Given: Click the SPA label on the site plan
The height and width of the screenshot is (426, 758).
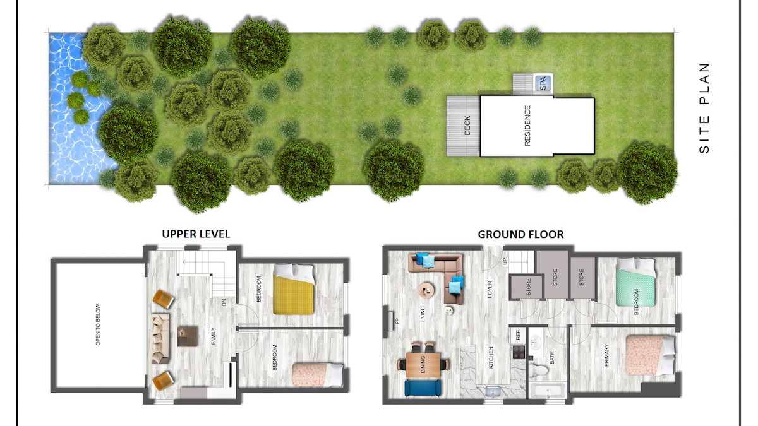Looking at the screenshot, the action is (x=543, y=83).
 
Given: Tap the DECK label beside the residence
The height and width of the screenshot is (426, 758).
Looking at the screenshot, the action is (x=467, y=126).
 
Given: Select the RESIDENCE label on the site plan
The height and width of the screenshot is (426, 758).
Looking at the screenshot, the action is (x=527, y=126).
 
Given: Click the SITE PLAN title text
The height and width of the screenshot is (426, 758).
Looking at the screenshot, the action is (x=704, y=108).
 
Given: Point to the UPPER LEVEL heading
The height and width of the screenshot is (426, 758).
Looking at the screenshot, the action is (x=196, y=234).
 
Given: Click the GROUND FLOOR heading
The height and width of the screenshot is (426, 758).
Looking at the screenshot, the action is (x=520, y=234).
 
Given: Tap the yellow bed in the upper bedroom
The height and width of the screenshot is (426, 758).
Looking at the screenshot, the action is (x=293, y=289).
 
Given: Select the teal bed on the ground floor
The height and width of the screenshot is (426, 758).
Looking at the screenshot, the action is (x=635, y=283).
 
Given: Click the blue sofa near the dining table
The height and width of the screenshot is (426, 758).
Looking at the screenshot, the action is (x=423, y=388).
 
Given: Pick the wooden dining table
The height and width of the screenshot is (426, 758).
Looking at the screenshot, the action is (x=423, y=365).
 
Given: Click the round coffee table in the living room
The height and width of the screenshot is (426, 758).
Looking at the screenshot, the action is (x=427, y=290).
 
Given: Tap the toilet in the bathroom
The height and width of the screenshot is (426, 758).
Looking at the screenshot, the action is (x=538, y=370).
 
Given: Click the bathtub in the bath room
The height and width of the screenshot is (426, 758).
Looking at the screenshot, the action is (x=548, y=391).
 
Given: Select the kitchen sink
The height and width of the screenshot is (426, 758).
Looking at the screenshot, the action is (x=493, y=392).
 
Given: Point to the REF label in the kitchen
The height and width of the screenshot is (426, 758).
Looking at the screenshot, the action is (x=518, y=335).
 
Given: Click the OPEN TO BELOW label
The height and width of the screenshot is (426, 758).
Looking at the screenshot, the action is (x=98, y=324).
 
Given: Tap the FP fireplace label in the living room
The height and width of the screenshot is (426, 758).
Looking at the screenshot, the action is (x=397, y=321).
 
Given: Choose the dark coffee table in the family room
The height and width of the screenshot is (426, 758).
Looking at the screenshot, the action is (x=188, y=336).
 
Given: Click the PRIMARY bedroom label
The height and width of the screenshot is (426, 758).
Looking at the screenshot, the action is (x=606, y=355).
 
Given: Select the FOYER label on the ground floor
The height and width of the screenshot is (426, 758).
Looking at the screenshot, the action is (x=490, y=290).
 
